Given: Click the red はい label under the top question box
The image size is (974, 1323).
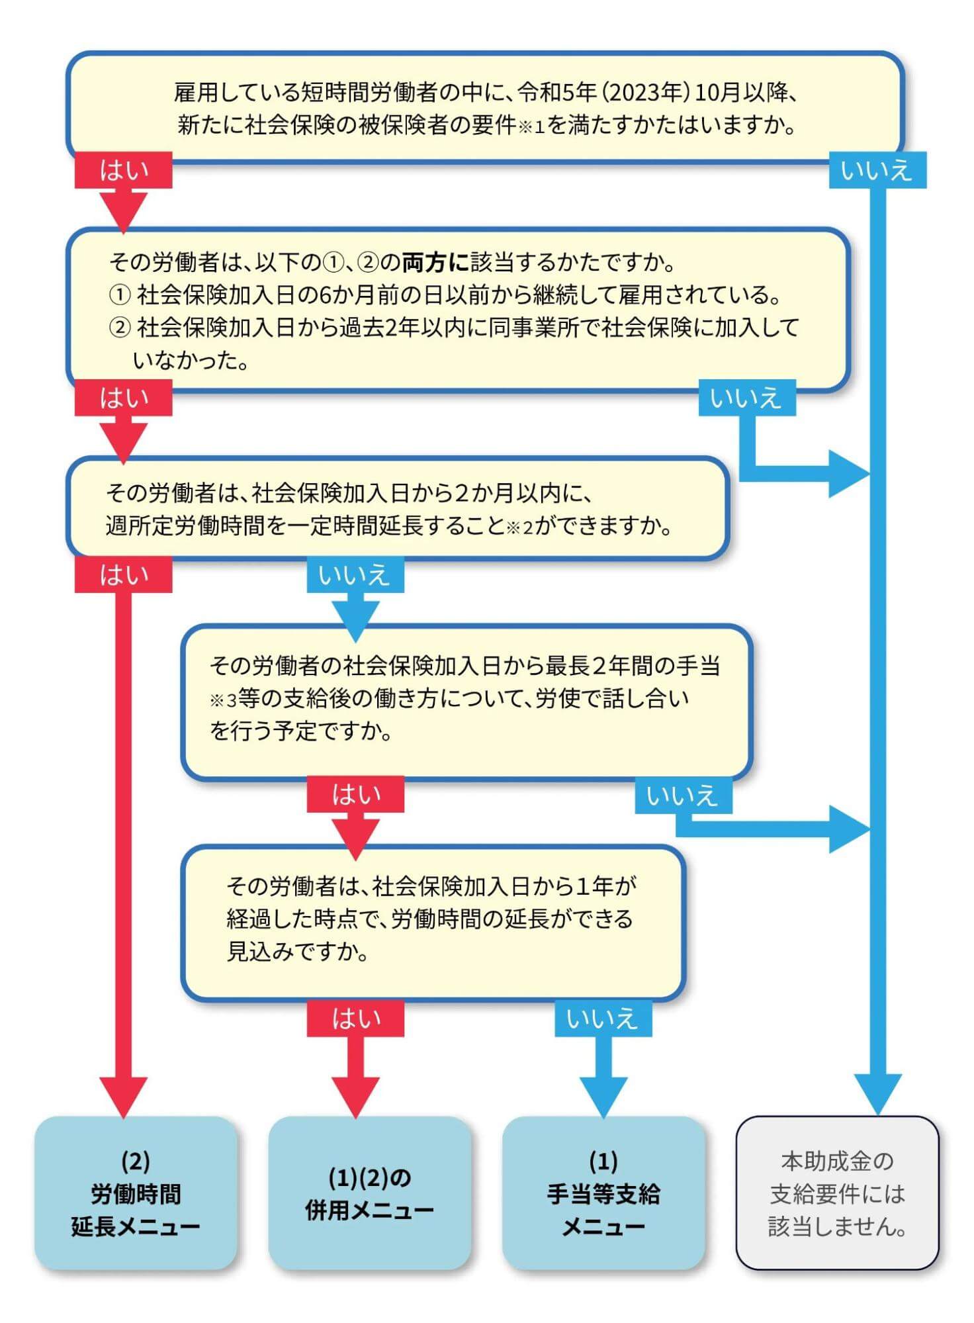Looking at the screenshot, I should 124,171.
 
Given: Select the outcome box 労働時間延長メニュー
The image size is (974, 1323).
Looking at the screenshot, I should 136,1193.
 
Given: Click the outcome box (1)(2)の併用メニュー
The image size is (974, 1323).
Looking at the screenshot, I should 369,1193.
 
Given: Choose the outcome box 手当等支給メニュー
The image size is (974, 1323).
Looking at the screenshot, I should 603,1193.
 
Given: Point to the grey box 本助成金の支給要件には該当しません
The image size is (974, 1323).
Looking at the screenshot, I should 837,1193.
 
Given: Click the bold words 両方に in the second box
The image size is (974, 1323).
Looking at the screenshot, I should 435,263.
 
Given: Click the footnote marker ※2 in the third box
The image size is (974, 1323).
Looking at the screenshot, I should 519,527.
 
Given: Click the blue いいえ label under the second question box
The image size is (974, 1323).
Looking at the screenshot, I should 747,398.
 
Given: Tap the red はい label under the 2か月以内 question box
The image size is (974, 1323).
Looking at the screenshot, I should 124,574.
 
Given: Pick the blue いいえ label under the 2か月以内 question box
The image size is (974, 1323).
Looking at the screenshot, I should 355,574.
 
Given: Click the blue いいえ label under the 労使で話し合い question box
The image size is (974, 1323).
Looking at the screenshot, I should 683,795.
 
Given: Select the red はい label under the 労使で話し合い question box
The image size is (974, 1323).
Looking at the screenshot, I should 355,794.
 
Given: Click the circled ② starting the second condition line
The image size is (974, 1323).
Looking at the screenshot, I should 119,328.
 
